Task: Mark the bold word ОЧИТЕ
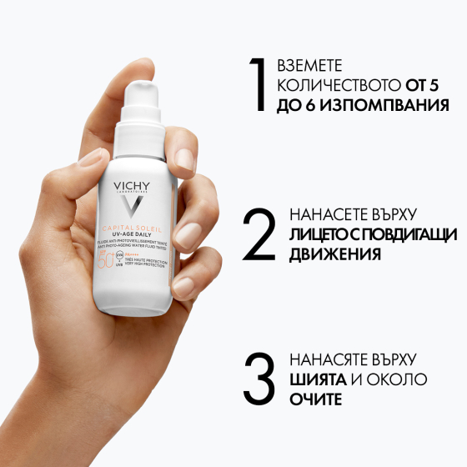click(x=316, y=400)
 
